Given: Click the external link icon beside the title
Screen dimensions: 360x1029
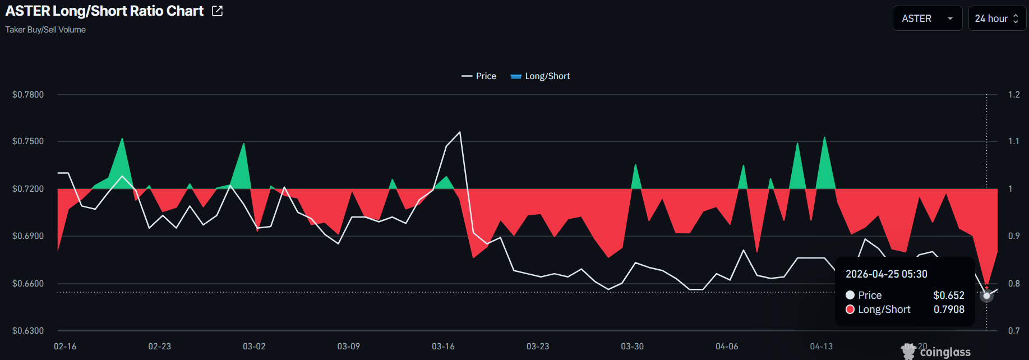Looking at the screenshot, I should [x=218, y=11].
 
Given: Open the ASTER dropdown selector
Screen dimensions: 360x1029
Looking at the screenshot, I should [x=927, y=19].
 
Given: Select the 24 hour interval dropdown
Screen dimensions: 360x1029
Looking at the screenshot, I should [x=997, y=19].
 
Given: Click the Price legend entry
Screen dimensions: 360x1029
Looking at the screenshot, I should [x=479, y=76].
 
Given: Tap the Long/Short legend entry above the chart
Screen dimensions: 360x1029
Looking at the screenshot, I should [x=541, y=76].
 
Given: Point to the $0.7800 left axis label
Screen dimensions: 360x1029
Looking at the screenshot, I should [x=28, y=94].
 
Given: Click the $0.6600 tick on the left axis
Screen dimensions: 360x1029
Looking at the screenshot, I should [x=28, y=283].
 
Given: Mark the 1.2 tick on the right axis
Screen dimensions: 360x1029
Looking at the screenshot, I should [x=1014, y=94].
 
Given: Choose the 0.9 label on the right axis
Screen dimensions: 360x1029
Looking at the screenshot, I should [x=1014, y=236].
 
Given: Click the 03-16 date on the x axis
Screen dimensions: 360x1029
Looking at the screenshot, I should [x=443, y=347].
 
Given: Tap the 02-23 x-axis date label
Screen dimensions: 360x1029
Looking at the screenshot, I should [x=159, y=347].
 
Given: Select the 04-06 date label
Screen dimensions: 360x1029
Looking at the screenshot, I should [x=727, y=347].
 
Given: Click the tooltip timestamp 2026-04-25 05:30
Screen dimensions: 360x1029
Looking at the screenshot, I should [x=886, y=274].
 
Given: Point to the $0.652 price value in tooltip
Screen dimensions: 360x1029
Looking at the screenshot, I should [x=949, y=296].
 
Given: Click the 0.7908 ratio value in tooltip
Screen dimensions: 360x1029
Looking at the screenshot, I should [x=949, y=310].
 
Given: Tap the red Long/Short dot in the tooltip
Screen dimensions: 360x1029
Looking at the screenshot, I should [x=850, y=310].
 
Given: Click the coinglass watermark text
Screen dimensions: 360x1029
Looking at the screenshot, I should [x=945, y=352].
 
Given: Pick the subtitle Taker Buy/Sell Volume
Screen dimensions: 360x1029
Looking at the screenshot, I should [x=45, y=30].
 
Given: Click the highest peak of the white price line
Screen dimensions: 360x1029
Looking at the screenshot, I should [x=460, y=132].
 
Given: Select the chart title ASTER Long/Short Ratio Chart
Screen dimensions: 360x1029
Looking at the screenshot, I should [x=104, y=11].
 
